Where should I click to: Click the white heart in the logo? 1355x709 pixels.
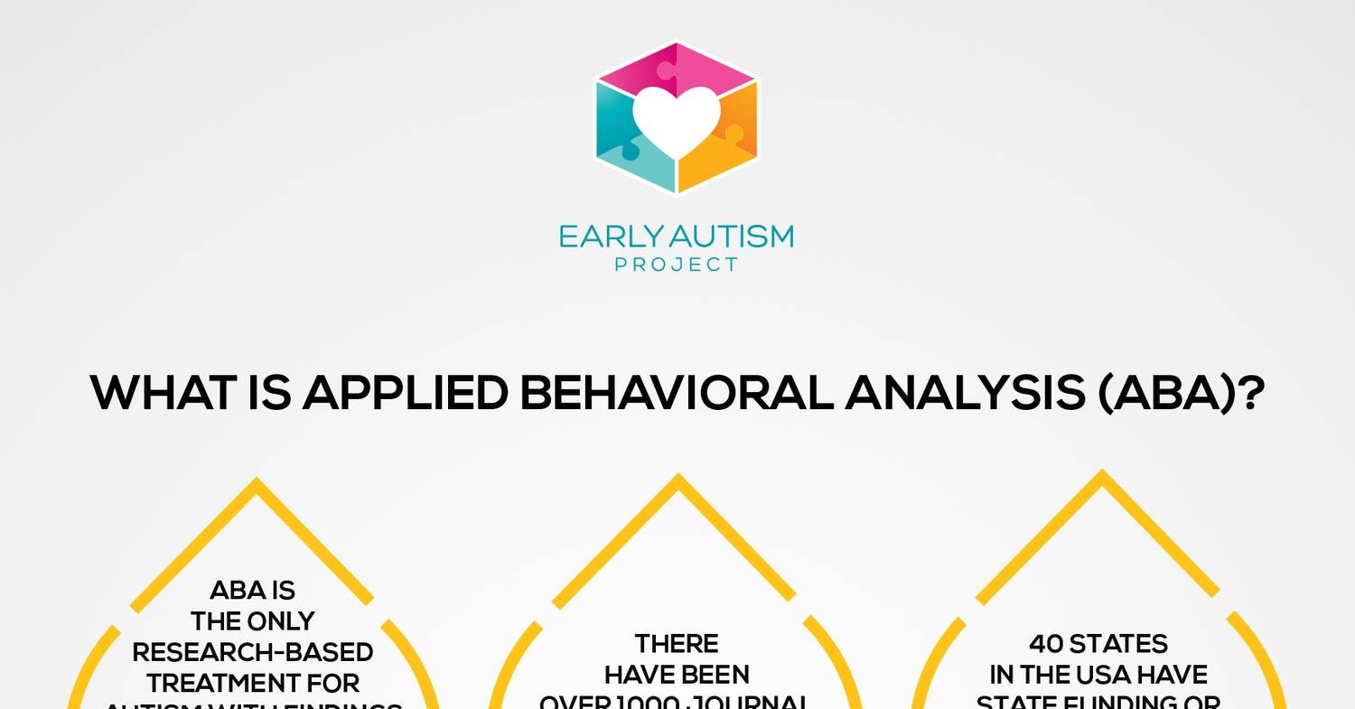coord(676,120)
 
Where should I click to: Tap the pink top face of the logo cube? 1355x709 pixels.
coord(677,65)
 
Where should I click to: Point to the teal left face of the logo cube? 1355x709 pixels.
coord(623,145)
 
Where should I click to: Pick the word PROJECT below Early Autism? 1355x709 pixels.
coord(676,265)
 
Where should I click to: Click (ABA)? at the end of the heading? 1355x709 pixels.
coord(1180,394)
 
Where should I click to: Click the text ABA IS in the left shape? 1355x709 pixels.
coord(252,591)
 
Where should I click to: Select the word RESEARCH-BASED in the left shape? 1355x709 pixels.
coord(252,652)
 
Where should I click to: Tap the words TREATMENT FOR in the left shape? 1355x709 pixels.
coord(253,683)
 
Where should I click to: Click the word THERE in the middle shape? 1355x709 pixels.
coord(677,644)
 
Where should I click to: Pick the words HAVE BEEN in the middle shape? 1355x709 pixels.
coord(677,675)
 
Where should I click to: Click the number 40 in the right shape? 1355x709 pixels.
coord(1046,644)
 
